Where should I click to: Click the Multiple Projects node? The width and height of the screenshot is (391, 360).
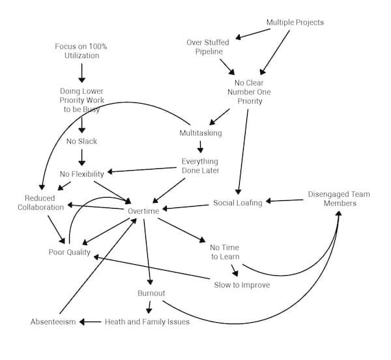coord(295,23)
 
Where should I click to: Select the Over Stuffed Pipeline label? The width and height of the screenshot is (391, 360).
coord(208,47)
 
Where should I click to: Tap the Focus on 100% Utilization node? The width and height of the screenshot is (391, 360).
coord(82,51)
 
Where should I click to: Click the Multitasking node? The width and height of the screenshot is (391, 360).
coord(201,133)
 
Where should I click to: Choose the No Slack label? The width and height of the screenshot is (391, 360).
coord(81,141)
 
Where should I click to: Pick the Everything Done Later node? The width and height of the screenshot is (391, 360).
coord(200,166)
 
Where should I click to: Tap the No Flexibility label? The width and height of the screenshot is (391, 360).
coord(81,173)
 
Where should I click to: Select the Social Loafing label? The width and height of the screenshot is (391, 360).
coord(238,203)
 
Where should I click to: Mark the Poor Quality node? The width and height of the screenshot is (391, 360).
coord(69,252)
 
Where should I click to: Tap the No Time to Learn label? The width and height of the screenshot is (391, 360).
coord(224,252)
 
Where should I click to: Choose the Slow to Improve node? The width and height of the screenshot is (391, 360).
coord(242,284)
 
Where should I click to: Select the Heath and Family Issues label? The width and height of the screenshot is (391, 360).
coord(147,322)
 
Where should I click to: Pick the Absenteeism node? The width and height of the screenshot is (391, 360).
coord(53,322)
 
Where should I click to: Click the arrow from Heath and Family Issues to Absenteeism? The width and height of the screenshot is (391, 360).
coord(91,322)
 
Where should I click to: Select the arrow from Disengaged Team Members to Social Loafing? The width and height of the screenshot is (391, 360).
coord(284,201)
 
